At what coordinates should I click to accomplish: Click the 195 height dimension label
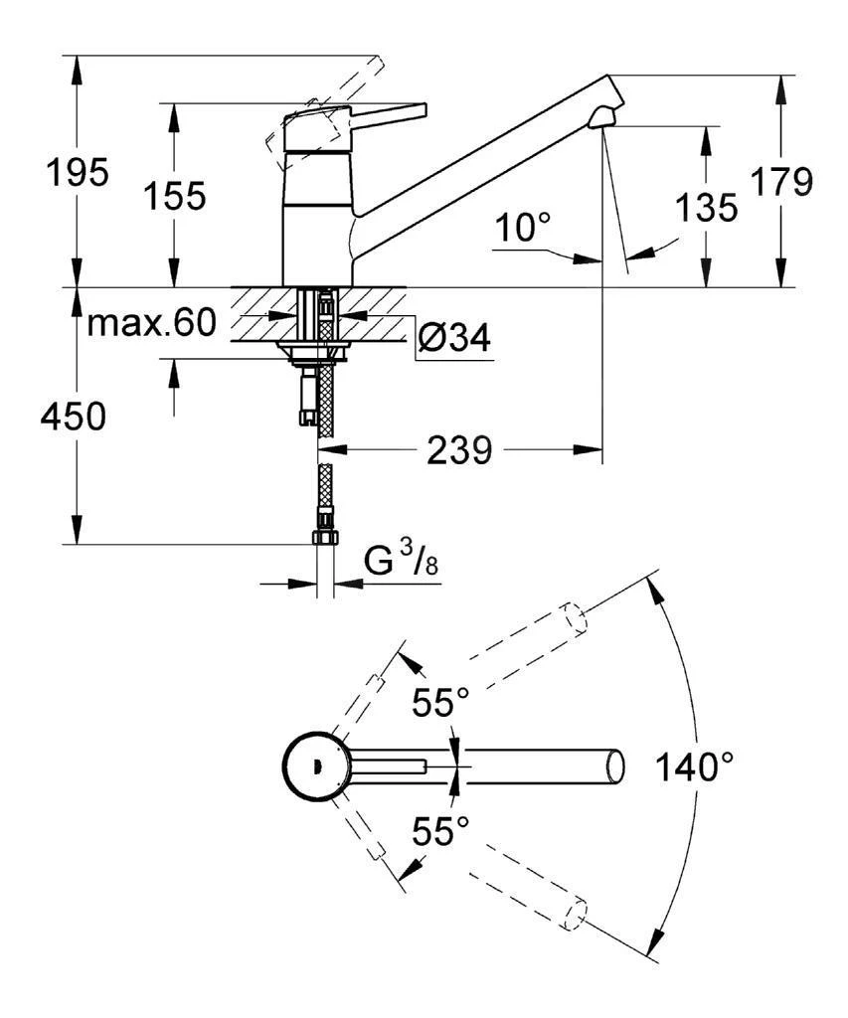pos(79,173)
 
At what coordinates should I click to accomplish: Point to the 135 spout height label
pos(706,208)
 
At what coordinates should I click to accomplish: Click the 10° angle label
pos(524,228)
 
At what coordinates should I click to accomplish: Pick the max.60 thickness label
pos(151,323)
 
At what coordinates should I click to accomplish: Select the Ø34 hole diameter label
pos(453,339)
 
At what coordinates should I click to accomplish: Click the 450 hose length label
pos(73,419)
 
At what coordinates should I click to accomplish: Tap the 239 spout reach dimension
pos(459,451)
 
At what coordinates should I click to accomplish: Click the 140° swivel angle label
pos(695,766)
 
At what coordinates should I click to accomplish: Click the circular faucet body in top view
pos(315,766)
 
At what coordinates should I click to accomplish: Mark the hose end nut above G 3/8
pos(323,537)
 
